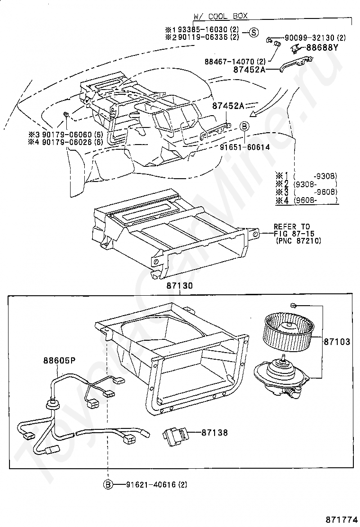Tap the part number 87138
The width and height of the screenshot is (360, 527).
[215, 432]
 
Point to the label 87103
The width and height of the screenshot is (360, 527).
[337, 341]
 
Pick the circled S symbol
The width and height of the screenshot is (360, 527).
[254, 32]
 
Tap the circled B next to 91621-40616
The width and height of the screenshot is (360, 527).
[108, 484]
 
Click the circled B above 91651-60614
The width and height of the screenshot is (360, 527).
[244, 126]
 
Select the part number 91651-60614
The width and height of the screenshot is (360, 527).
[245, 147]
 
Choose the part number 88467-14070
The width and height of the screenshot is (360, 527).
[231, 61]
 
